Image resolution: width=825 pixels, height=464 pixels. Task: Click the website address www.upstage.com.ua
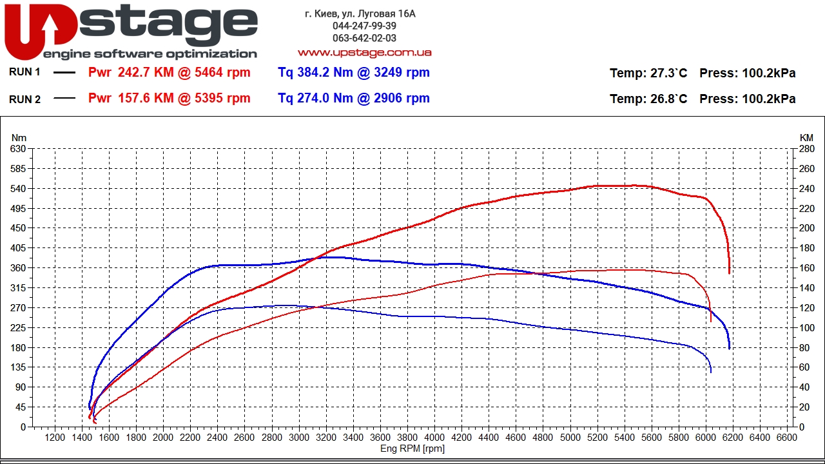click(364, 52)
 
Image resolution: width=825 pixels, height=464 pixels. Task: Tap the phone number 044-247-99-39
click(364, 26)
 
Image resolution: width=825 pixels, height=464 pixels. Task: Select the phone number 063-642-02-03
click(364, 38)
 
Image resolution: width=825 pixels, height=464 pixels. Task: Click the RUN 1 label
click(24, 72)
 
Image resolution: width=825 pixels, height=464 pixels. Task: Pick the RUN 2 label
click(24, 99)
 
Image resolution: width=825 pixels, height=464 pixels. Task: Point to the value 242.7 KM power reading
click(169, 73)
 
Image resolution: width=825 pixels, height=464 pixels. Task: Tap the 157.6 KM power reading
click(169, 99)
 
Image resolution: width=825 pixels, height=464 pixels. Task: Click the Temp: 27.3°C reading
click(648, 73)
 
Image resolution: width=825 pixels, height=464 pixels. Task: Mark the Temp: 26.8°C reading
click(648, 99)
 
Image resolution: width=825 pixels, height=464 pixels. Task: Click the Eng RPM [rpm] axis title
click(412, 449)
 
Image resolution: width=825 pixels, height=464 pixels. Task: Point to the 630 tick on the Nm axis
click(19, 149)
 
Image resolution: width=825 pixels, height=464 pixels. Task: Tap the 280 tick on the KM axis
click(806, 149)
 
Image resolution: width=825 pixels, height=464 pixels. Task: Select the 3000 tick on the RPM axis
click(299, 438)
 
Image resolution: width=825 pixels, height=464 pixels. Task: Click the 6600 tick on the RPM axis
click(787, 438)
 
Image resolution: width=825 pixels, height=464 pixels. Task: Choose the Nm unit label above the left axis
click(19, 137)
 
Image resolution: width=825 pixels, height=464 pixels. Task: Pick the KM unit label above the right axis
click(806, 137)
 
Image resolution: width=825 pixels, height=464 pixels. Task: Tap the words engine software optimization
click(150, 54)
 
